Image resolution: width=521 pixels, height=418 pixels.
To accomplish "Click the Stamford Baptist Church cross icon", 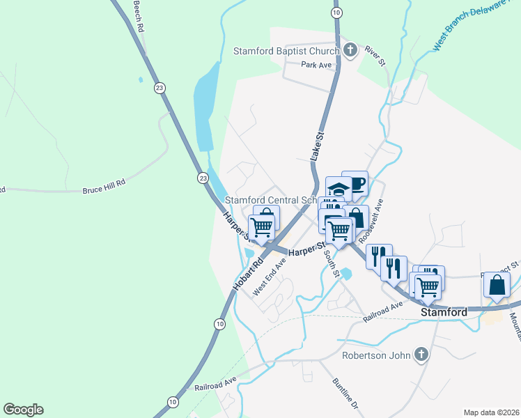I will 350,50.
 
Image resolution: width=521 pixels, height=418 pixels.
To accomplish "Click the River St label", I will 375,57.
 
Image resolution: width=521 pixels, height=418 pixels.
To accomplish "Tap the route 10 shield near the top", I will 337,13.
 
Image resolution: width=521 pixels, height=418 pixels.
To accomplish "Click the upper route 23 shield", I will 160,88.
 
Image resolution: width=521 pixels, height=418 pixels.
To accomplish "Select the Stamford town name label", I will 444,313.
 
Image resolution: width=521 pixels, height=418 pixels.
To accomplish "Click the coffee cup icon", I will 355,184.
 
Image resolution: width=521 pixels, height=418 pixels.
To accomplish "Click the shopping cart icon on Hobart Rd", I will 263,226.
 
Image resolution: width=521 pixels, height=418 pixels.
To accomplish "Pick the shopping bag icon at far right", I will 497,284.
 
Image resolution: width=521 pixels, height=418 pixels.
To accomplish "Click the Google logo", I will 23,410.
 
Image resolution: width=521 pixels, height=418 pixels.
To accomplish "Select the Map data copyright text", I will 492,412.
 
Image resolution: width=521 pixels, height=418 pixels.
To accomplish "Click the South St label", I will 330,263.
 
